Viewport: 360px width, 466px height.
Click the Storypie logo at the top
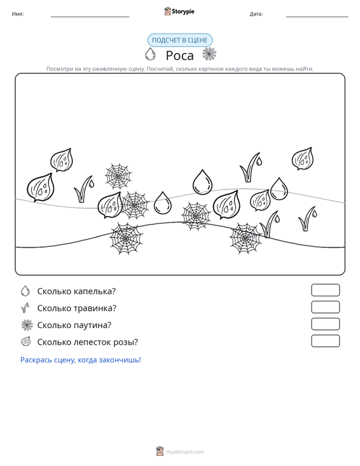click(x=179, y=11)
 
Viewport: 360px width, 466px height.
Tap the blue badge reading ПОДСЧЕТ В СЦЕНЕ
click(x=180, y=40)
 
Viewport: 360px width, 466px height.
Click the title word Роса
click(x=179, y=55)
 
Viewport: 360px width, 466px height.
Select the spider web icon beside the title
click(x=209, y=54)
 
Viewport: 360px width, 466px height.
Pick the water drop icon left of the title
click(x=150, y=54)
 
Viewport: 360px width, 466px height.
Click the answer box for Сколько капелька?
click(x=325, y=290)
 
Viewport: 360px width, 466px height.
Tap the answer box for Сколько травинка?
click(x=325, y=307)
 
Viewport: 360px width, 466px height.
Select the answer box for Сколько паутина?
click(x=325, y=324)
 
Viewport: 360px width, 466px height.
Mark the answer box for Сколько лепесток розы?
click(x=325, y=341)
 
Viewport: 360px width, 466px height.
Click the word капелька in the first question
click(x=95, y=291)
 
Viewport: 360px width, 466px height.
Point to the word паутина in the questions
click(x=92, y=325)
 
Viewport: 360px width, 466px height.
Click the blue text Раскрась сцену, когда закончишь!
click(x=81, y=360)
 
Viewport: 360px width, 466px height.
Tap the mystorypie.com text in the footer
click(x=184, y=452)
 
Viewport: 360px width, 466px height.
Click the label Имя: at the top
click(x=18, y=14)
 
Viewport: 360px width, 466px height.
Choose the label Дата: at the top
click(x=256, y=14)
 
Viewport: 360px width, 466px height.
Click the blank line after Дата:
click(x=317, y=17)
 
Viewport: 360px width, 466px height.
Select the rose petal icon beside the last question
click(x=26, y=341)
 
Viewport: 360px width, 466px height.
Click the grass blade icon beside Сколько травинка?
click(x=25, y=308)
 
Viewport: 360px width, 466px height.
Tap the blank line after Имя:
click(x=90, y=17)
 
